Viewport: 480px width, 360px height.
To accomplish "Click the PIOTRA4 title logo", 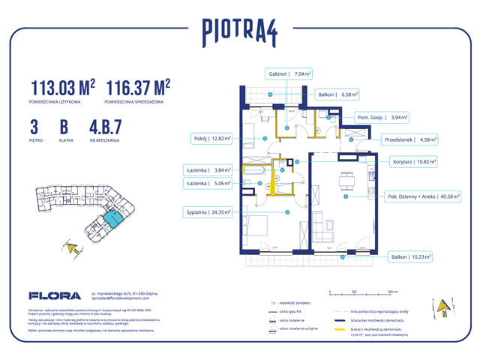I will [239, 31].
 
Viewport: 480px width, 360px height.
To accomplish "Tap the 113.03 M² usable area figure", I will [63, 88].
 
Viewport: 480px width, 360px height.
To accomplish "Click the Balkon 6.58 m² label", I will [338, 95].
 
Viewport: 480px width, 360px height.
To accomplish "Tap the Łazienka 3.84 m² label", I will [210, 169].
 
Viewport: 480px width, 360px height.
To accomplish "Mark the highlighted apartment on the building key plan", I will [109, 219].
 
